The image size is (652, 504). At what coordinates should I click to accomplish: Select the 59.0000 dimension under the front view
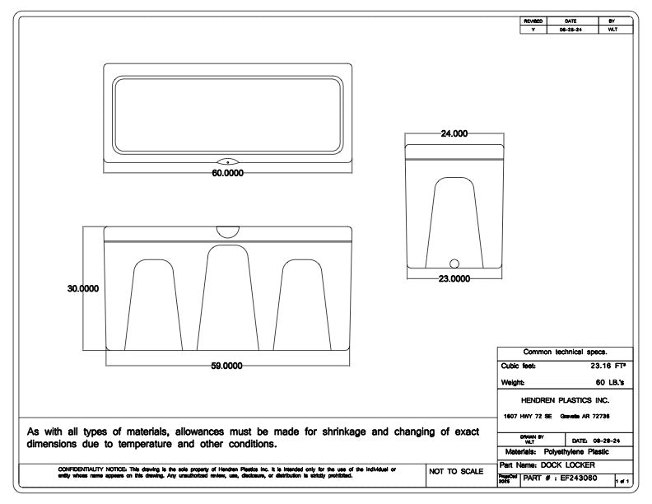pyautogui.click(x=228, y=365)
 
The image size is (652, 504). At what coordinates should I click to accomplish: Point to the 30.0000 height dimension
pyautogui.click(x=83, y=288)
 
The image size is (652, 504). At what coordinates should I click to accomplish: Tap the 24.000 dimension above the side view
pyautogui.click(x=454, y=133)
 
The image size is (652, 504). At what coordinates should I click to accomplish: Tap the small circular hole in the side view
pyautogui.click(x=454, y=264)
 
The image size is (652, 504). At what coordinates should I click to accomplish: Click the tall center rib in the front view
pyautogui.click(x=228, y=296)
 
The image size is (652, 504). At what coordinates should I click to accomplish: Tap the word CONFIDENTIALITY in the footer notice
pyautogui.click(x=80, y=469)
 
